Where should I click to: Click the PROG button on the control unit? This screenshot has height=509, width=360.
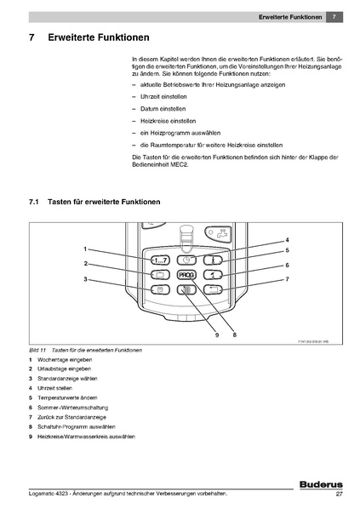click(x=186, y=275)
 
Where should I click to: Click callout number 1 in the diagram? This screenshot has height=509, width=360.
click(x=85, y=248)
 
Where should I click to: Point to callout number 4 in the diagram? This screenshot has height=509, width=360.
click(x=287, y=240)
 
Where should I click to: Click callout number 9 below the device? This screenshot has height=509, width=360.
click(x=217, y=335)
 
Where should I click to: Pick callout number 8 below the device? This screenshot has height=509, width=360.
click(x=233, y=335)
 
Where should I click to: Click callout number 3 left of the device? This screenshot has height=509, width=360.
click(x=85, y=279)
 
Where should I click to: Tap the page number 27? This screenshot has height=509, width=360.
click(x=339, y=495)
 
